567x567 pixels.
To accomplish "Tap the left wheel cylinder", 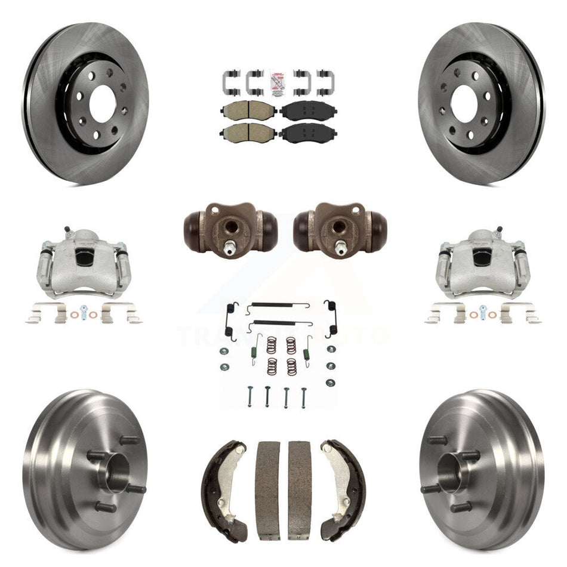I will pyautogui.click(x=230, y=227).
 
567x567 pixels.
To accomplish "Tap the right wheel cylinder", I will pyautogui.click(x=340, y=227).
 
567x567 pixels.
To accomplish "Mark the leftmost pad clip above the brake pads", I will pyautogui.click(x=230, y=82).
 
